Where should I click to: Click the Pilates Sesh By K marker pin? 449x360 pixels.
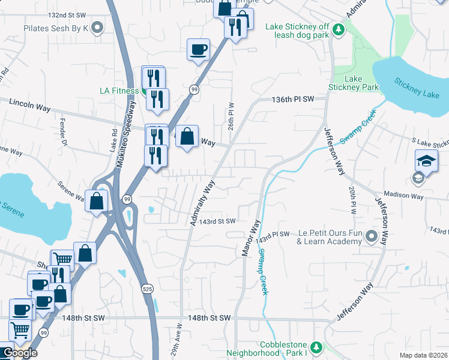tap(97, 28)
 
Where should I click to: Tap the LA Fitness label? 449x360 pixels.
tap(118, 91)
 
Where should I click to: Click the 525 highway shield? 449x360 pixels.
tap(148, 289)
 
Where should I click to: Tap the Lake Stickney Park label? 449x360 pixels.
tap(354, 83)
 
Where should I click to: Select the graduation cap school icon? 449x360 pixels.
tap(426, 160)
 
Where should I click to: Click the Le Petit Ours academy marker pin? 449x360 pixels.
tap(372, 237)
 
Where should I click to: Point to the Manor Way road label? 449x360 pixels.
tap(250, 239)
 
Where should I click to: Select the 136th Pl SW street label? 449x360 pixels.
tap(293, 99)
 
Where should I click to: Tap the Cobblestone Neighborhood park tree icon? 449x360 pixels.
tap(316, 347)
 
